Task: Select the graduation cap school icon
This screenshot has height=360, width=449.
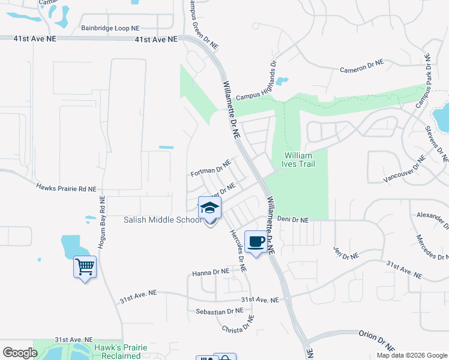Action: tap(209, 209)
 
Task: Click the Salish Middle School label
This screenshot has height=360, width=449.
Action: tap(163, 220)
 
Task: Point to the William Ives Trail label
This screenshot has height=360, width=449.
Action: tap(298, 160)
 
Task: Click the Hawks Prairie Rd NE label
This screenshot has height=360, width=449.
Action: tap(66, 188)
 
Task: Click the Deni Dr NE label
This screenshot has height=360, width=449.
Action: tap(292, 220)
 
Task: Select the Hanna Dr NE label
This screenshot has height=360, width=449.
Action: tap(211, 272)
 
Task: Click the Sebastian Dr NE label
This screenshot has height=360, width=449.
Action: tap(220, 311)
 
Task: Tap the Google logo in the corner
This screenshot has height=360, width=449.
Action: tap(20, 353)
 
